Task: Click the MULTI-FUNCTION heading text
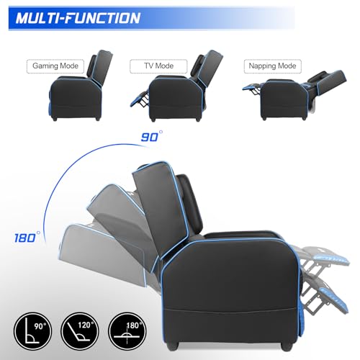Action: pyautogui.click(x=78, y=18)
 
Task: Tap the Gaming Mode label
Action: pyautogui.click(x=55, y=66)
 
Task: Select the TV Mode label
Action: pyautogui.click(x=158, y=66)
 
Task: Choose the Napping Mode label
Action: pyautogui.click(x=272, y=66)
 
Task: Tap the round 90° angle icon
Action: pyautogui.click(x=32, y=331)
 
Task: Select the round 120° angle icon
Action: pyautogui.click(x=80, y=331)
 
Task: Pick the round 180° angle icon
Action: pyautogui.click(x=127, y=331)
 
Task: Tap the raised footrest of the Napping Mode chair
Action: pyautogui.click(x=251, y=87)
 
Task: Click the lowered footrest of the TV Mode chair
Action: pyautogui.click(x=139, y=99)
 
